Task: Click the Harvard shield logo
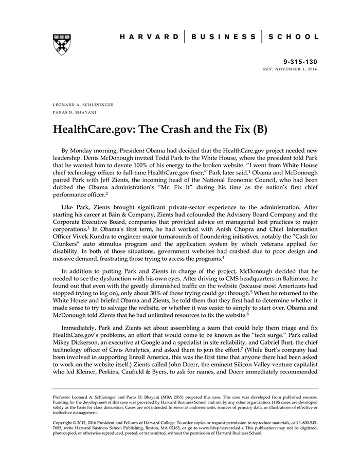[61, 45]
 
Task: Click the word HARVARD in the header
[149, 37]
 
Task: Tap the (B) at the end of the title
[259, 128]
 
